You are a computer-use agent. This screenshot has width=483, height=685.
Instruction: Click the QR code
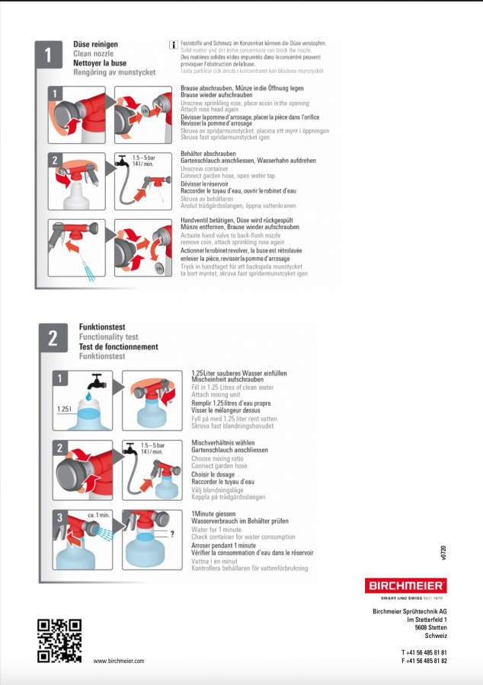coord(59,641)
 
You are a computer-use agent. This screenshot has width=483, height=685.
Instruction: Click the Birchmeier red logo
coord(408,587)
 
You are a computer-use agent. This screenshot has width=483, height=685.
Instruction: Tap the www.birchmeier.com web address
coord(118,661)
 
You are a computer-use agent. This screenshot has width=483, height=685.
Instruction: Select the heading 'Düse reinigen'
coord(95,45)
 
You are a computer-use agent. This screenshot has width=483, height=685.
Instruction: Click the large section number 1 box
coord(49,55)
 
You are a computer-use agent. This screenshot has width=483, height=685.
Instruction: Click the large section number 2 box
coord(53,339)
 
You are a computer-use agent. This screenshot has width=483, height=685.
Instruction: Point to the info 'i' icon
coord(174,46)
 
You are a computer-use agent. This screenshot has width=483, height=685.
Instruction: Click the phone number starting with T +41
coord(424,652)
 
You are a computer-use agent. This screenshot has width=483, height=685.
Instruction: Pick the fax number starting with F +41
coord(424,661)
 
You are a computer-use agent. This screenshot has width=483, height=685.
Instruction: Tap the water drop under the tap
coord(88,397)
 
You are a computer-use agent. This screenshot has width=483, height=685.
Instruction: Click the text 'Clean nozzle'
coord(94,54)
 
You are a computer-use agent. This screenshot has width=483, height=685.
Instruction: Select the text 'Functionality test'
coord(108,336)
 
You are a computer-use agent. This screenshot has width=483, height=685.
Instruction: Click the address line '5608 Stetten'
coord(431,627)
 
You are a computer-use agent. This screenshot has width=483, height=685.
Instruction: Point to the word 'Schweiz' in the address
coord(436,636)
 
